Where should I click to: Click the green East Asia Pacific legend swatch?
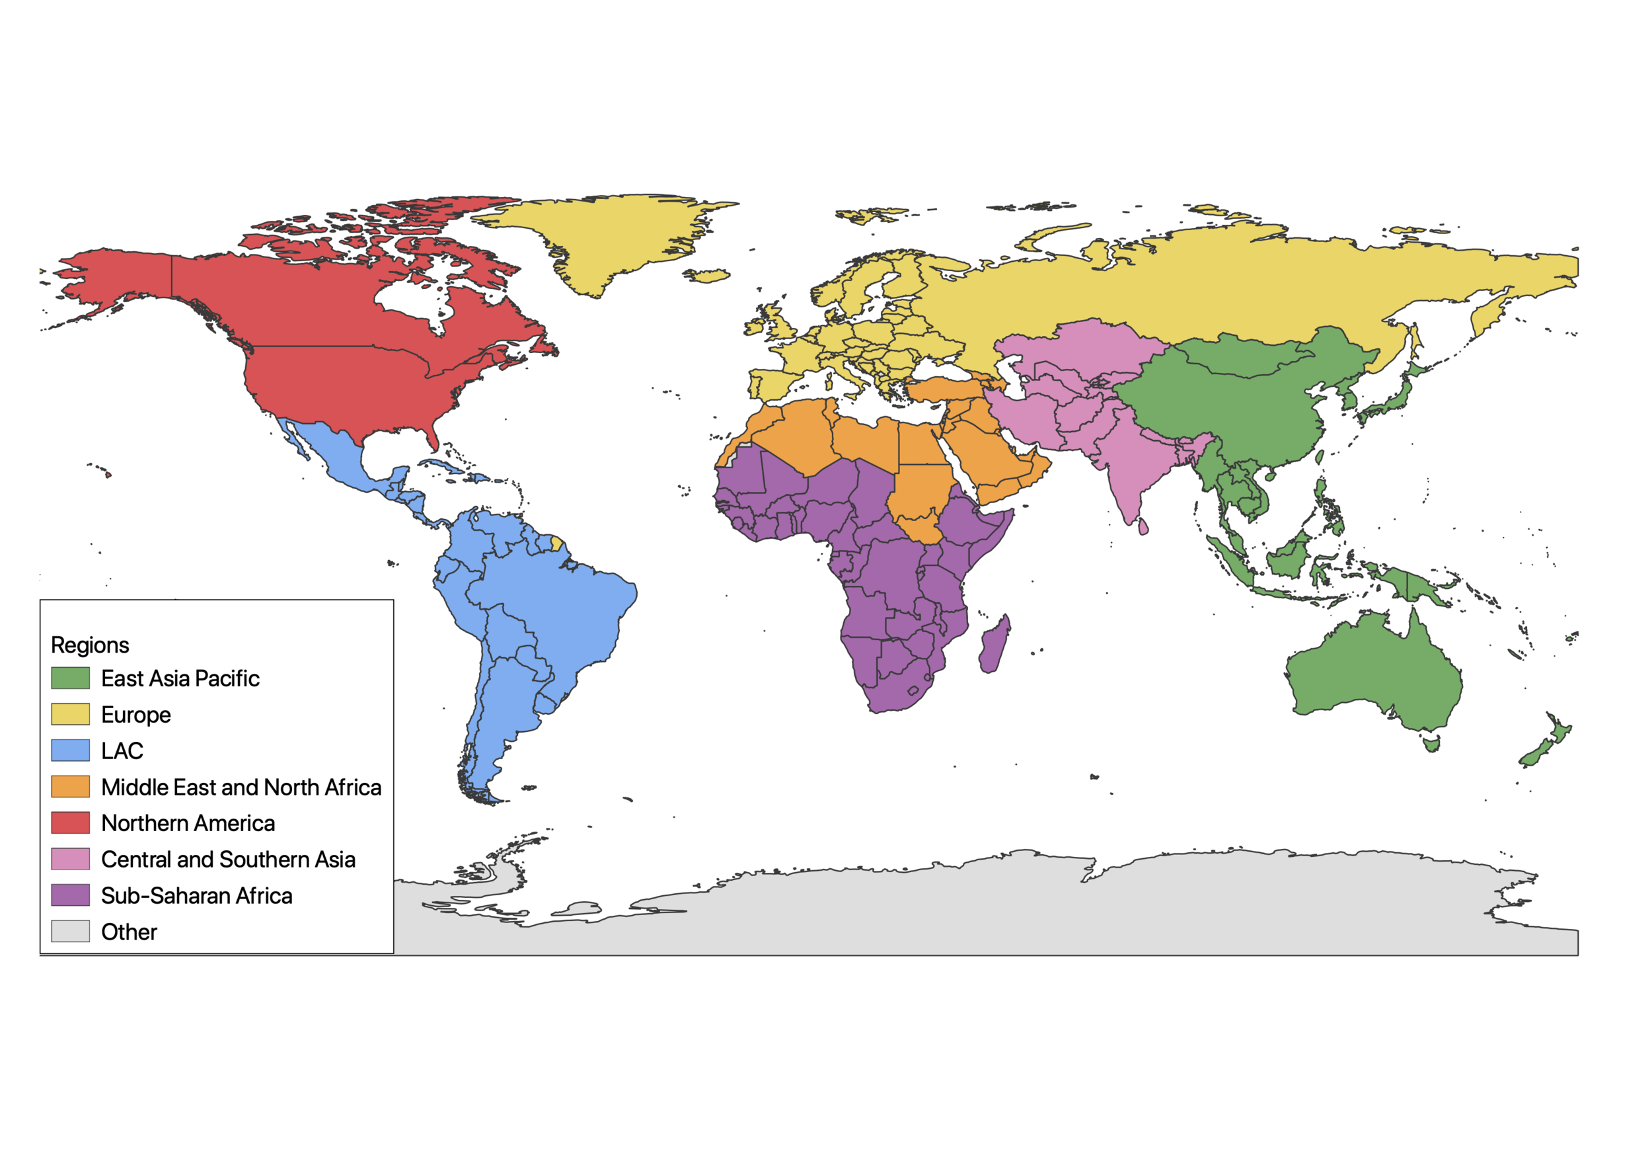pyautogui.click(x=71, y=678)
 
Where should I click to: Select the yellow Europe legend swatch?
pyautogui.click(x=71, y=714)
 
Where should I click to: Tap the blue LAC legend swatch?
pyautogui.click(x=71, y=750)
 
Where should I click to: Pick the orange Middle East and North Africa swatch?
pyautogui.click(x=71, y=787)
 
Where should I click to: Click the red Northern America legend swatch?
pyautogui.click(x=71, y=823)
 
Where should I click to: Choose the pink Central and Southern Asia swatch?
pyautogui.click(x=71, y=859)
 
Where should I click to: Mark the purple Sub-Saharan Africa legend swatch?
pyautogui.click(x=71, y=895)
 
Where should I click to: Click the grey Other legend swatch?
pyautogui.click(x=71, y=932)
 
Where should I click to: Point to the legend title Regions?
pyautogui.click(x=90, y=645)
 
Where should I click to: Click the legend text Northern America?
pyautogui.click(x=188, y=823)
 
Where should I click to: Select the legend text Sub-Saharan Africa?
pyautogui.click(x=196, y=895)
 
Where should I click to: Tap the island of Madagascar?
pyautogui.click(x=995, y=645)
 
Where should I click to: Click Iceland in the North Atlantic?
pyautogui.click(x=706, y=275)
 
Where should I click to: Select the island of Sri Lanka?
pyautogui.click(x=1143, y=527)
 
